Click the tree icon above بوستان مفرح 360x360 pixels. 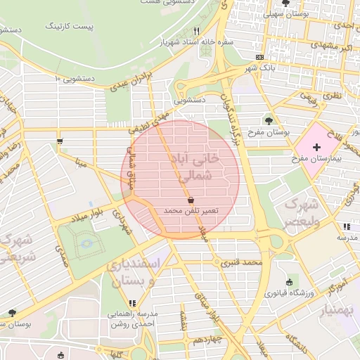point(269,121)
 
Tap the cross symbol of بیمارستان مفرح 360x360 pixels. point(316,148)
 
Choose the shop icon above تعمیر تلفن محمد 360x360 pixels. point(191,200)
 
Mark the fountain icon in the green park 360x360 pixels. point(86,243)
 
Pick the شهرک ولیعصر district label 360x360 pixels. point(300,212)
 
